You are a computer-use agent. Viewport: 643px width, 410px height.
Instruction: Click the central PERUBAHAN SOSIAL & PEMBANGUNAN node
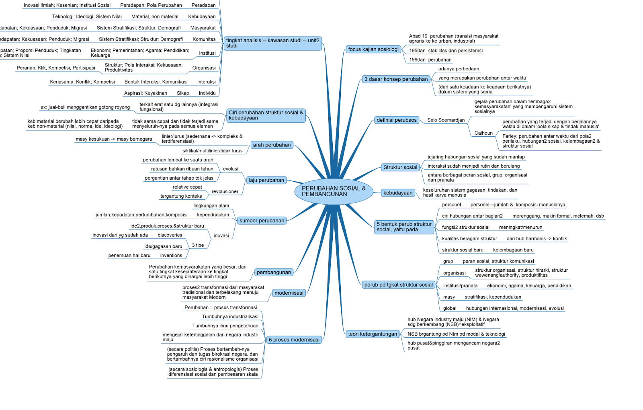[334, 191]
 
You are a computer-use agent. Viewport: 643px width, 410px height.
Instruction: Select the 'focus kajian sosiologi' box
[373, 49]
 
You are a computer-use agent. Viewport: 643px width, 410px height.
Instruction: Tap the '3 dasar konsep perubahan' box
[396, 79]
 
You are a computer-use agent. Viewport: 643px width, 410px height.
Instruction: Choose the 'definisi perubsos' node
[397, 120]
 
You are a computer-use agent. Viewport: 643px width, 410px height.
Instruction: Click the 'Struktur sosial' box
[400, 167]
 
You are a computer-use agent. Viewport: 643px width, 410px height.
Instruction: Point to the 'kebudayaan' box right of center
[398, 193]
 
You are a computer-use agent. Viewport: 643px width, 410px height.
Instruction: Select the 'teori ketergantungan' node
[373, 334]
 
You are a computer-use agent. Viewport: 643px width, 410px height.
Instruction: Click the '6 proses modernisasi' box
[294, 340]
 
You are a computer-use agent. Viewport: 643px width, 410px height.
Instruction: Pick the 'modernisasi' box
[289, 293]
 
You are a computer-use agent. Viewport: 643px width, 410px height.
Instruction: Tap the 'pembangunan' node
[274, 272]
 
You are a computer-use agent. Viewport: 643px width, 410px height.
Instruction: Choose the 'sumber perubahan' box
[262, 221]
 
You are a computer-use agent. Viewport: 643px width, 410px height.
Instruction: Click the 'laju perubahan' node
[266, 180]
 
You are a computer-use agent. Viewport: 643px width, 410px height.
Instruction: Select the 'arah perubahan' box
[272, 145]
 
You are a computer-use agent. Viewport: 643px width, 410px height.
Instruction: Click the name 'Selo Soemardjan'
[446, 120]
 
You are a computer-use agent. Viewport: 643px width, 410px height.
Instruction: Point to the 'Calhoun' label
[483, 133]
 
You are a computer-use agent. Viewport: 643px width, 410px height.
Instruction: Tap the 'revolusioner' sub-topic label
[225, 192]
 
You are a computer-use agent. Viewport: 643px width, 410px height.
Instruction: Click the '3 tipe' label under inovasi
[198, 245]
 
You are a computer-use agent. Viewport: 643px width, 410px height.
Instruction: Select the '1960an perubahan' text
[430, 60]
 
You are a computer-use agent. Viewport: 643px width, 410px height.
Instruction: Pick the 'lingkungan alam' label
[211, 206]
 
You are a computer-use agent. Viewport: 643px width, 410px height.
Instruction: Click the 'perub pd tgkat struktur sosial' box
[398, 285]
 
